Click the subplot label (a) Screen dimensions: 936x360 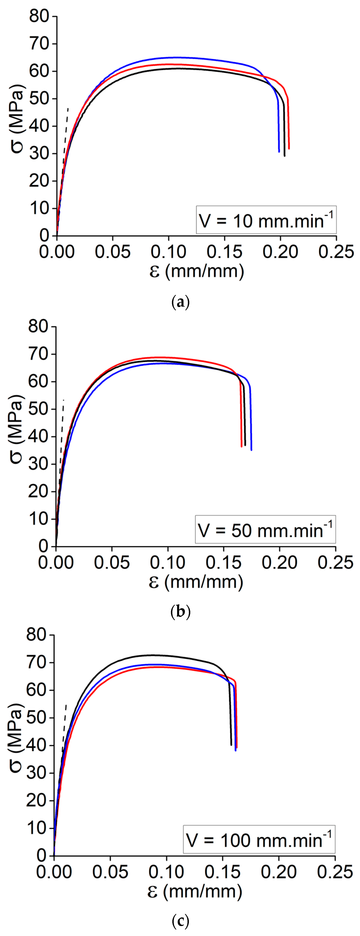180,302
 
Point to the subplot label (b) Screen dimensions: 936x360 180,612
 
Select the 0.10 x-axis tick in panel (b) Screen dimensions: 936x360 168,562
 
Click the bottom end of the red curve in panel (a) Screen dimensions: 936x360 289,148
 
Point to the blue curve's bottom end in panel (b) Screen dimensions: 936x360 251,449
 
